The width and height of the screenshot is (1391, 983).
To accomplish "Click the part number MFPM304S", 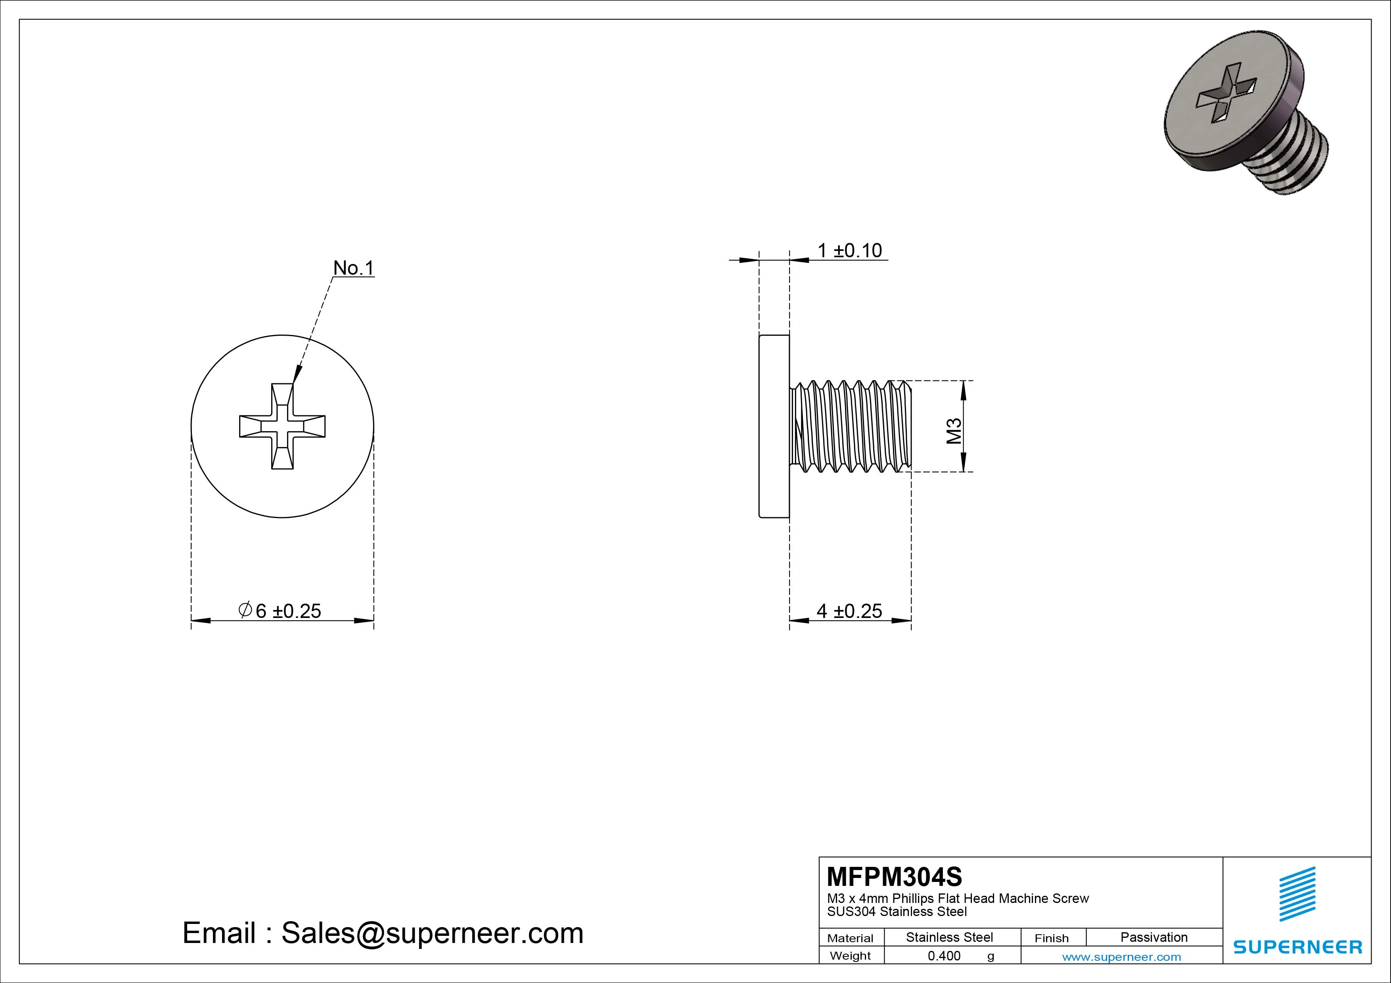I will [x=894, y=876].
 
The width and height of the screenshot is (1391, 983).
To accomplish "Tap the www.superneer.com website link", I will [x=1121, y=957].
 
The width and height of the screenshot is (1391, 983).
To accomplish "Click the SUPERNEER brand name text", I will [x=1298, y=947].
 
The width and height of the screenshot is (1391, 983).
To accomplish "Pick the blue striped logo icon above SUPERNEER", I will [x=1297, y=894].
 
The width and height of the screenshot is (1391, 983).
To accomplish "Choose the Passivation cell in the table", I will [x=1153, y=937].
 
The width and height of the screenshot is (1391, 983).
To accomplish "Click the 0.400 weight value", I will [x=944, y=956].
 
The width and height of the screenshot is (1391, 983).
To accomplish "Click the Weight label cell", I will [x=850, y=956].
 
